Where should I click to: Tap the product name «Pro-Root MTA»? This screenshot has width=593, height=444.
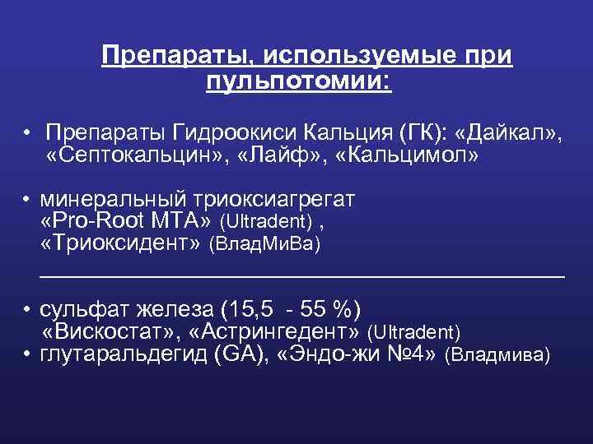click(126, 221)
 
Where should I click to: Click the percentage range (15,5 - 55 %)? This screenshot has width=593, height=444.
click(292, 310)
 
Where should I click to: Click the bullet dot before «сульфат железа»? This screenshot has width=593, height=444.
click(27, 311)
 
